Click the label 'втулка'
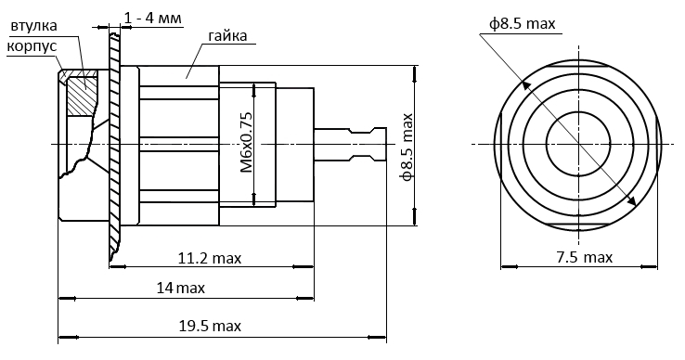(x=33, y=26)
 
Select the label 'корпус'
(x=32, y=45)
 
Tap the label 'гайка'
(x=227, y=35)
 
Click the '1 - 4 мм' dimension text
(x=152, y=19)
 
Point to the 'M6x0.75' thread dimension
(x=247, y=143)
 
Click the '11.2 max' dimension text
(x=209, y=258)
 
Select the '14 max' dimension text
(x=180, y=288)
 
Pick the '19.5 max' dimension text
(x=210, y=326)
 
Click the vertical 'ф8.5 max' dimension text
(x=407, y=147)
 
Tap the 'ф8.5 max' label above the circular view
(x=522, y=23)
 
